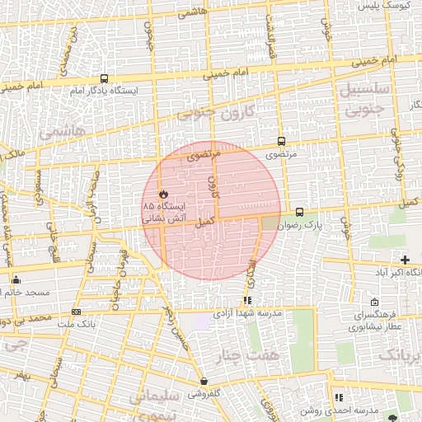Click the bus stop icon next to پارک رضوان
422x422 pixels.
pos(298,212)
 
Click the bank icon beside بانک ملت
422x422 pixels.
pos(77,312)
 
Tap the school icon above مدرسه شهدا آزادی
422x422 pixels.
pos(248,301)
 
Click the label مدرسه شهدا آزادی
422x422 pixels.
pos(248,314)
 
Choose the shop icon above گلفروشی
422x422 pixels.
pos(204,381)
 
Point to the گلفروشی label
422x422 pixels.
pos(204,393)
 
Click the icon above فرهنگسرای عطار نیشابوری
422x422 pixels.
pos(376,302)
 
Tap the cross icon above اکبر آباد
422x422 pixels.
pos(405,260)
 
